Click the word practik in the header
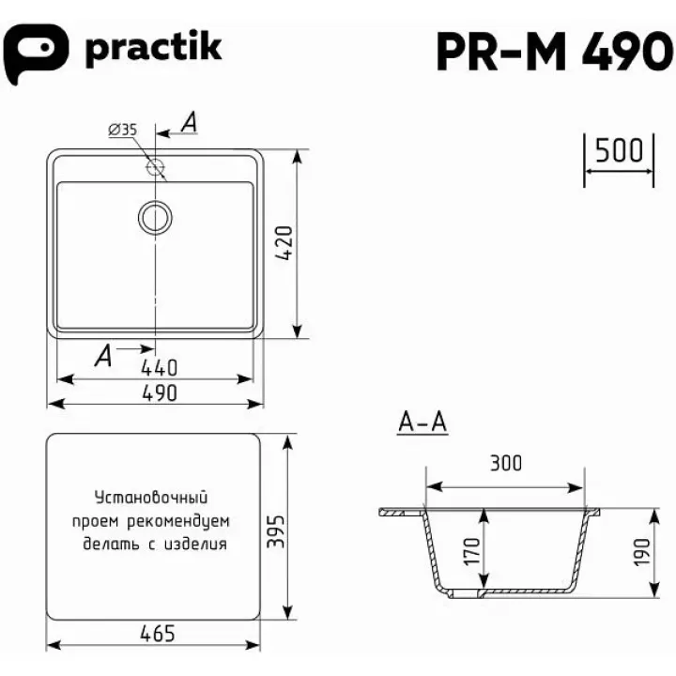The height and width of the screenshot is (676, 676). pyautogui.click(x=153, y=48)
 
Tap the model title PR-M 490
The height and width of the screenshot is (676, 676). pyautogui.click(x=555, y=52)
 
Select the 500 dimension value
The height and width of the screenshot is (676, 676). pyautogui.click(x=619, y=150)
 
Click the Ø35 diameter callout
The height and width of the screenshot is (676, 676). pyautogui.click(x=123, y=130)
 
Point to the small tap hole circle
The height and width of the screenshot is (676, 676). pyautogui.click(x=155, y=166)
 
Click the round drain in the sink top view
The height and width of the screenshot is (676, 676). pyautogui.click(x=155, y=218)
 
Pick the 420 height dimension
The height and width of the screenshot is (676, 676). pyautogui.click(x=284, y=243)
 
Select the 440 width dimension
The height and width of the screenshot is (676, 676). pyautogui.click(x=159, y=368)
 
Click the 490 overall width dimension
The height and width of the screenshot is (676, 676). pyautogui.click(x=159, y=393)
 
